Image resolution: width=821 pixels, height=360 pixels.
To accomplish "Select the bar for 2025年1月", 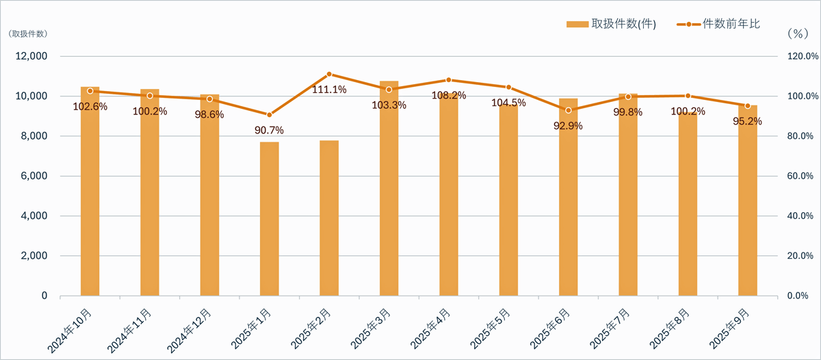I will coord(270,219).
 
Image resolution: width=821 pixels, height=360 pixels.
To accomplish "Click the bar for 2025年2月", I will coord(329,218).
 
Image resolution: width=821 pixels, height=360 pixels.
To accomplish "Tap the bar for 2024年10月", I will coord(90,198).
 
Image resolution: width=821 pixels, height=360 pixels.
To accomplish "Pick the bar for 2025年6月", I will coord(568,205).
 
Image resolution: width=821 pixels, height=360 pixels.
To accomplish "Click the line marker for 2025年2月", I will coord(329,74).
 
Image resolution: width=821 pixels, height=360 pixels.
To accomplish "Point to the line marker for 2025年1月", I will coord(270,114).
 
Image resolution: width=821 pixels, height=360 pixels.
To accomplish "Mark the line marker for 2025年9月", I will coord(747,105).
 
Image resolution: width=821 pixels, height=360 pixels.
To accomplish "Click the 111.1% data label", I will coord(329,89).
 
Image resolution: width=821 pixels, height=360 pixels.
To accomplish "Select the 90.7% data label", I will coord(270,130).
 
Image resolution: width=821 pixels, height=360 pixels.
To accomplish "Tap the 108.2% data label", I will coord(449,96).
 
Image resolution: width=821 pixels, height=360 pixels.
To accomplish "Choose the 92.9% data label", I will coord(568,126).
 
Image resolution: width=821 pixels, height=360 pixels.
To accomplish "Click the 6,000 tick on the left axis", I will coord(31,176).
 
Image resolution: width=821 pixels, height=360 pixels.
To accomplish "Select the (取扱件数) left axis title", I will coord(27,33).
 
